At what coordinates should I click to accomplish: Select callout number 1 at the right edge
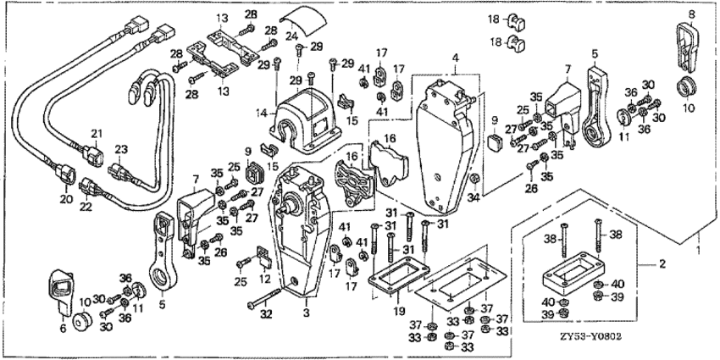click(696, 252)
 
